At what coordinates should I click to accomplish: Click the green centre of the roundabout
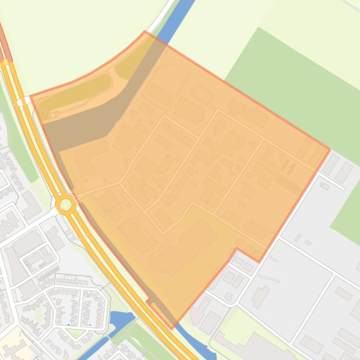click(x=65, y=204)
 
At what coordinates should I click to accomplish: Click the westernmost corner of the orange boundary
click(x=30, y=96)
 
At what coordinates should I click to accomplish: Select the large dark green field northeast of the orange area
click(x=290, y=79)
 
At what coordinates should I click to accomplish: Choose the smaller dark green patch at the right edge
click(x=348, y=210)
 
